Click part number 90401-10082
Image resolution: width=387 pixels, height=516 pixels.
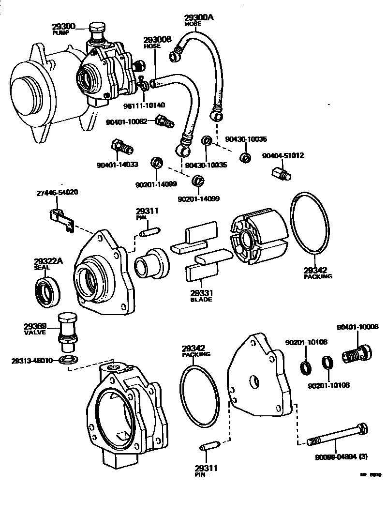coord(126,122)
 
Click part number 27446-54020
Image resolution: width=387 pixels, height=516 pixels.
coord(57,193)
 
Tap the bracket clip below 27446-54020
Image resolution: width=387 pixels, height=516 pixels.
coord(61,218)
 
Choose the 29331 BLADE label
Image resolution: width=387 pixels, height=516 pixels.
coord(201,296)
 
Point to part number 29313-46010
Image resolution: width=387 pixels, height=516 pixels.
coord(32,360)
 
